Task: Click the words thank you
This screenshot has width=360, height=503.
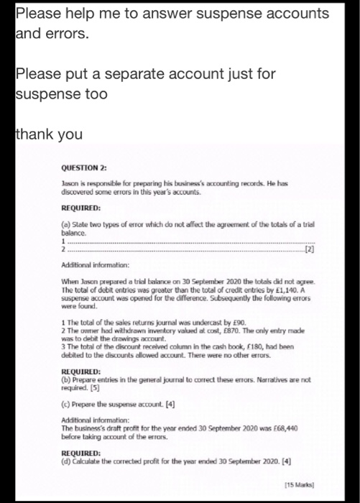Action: click(x=49, y=134)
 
